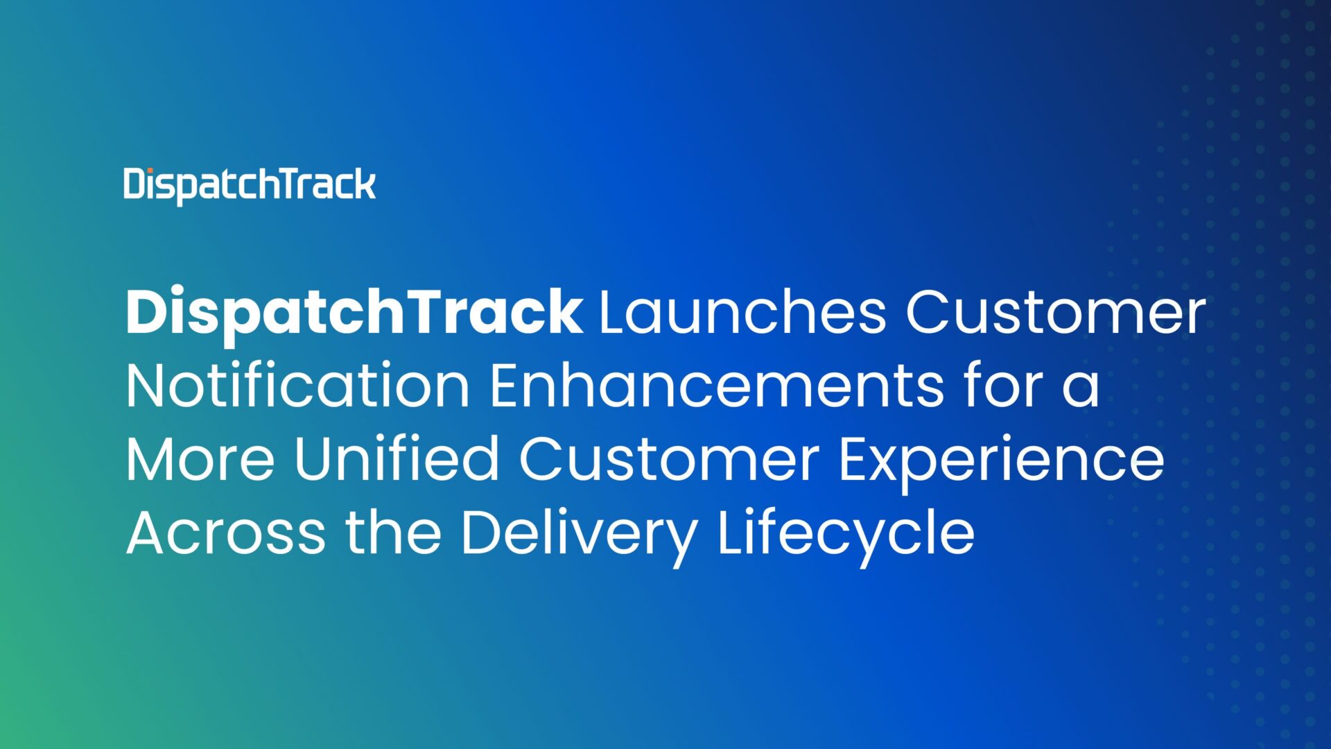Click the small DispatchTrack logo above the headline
tap(250, 185)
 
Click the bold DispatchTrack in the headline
tap(354, 313)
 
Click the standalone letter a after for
tap(1080, 390)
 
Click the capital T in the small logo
tap(285, 184)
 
